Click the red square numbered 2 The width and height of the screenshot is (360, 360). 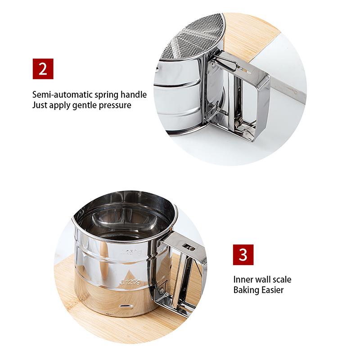click(x=43, y=69)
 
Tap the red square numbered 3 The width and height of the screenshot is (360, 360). click(x=243, y=255)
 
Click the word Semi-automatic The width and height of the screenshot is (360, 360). click(x=63, y=94)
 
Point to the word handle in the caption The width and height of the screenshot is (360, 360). click(x=134, y=94)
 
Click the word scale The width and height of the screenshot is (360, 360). click(x=282, y=279)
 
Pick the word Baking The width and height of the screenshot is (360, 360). click(x=246, y=290)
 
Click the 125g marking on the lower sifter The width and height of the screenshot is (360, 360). click(x=130, y=282)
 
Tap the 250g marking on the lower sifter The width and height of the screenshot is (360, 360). click(x=131, y=252)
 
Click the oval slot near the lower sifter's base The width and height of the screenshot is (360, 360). click(x=125, y=306)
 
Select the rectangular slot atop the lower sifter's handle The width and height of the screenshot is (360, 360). click(x=189, y=247)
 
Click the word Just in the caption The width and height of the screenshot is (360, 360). click(x=40, y=105)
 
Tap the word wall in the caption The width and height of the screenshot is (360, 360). click(x=263, y=279)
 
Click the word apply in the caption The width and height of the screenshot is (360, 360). click(x=59, y=106)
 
